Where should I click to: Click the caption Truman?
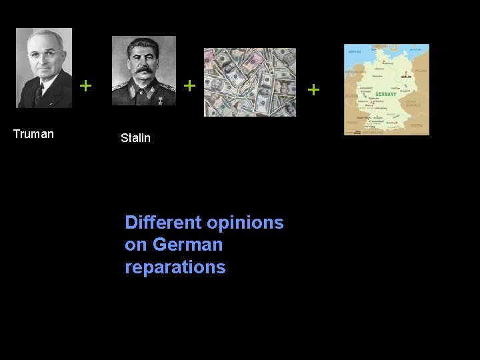click(x=33, y=134)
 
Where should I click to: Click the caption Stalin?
click(x=135, y=138)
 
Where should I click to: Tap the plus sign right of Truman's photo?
click(x=85, y=85)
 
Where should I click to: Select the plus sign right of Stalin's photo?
click(x=189, y=85)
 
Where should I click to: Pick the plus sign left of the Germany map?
click(x=314, y=89)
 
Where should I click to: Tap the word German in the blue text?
click(x=187, y=245)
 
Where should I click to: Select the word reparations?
click(x=175, y=267)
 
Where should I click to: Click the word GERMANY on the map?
click(x=385, y=94)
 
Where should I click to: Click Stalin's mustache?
click(x=143, y=69)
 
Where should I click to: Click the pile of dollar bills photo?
click(x=249, y=82)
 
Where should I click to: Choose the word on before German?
click(x=136, y=245)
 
